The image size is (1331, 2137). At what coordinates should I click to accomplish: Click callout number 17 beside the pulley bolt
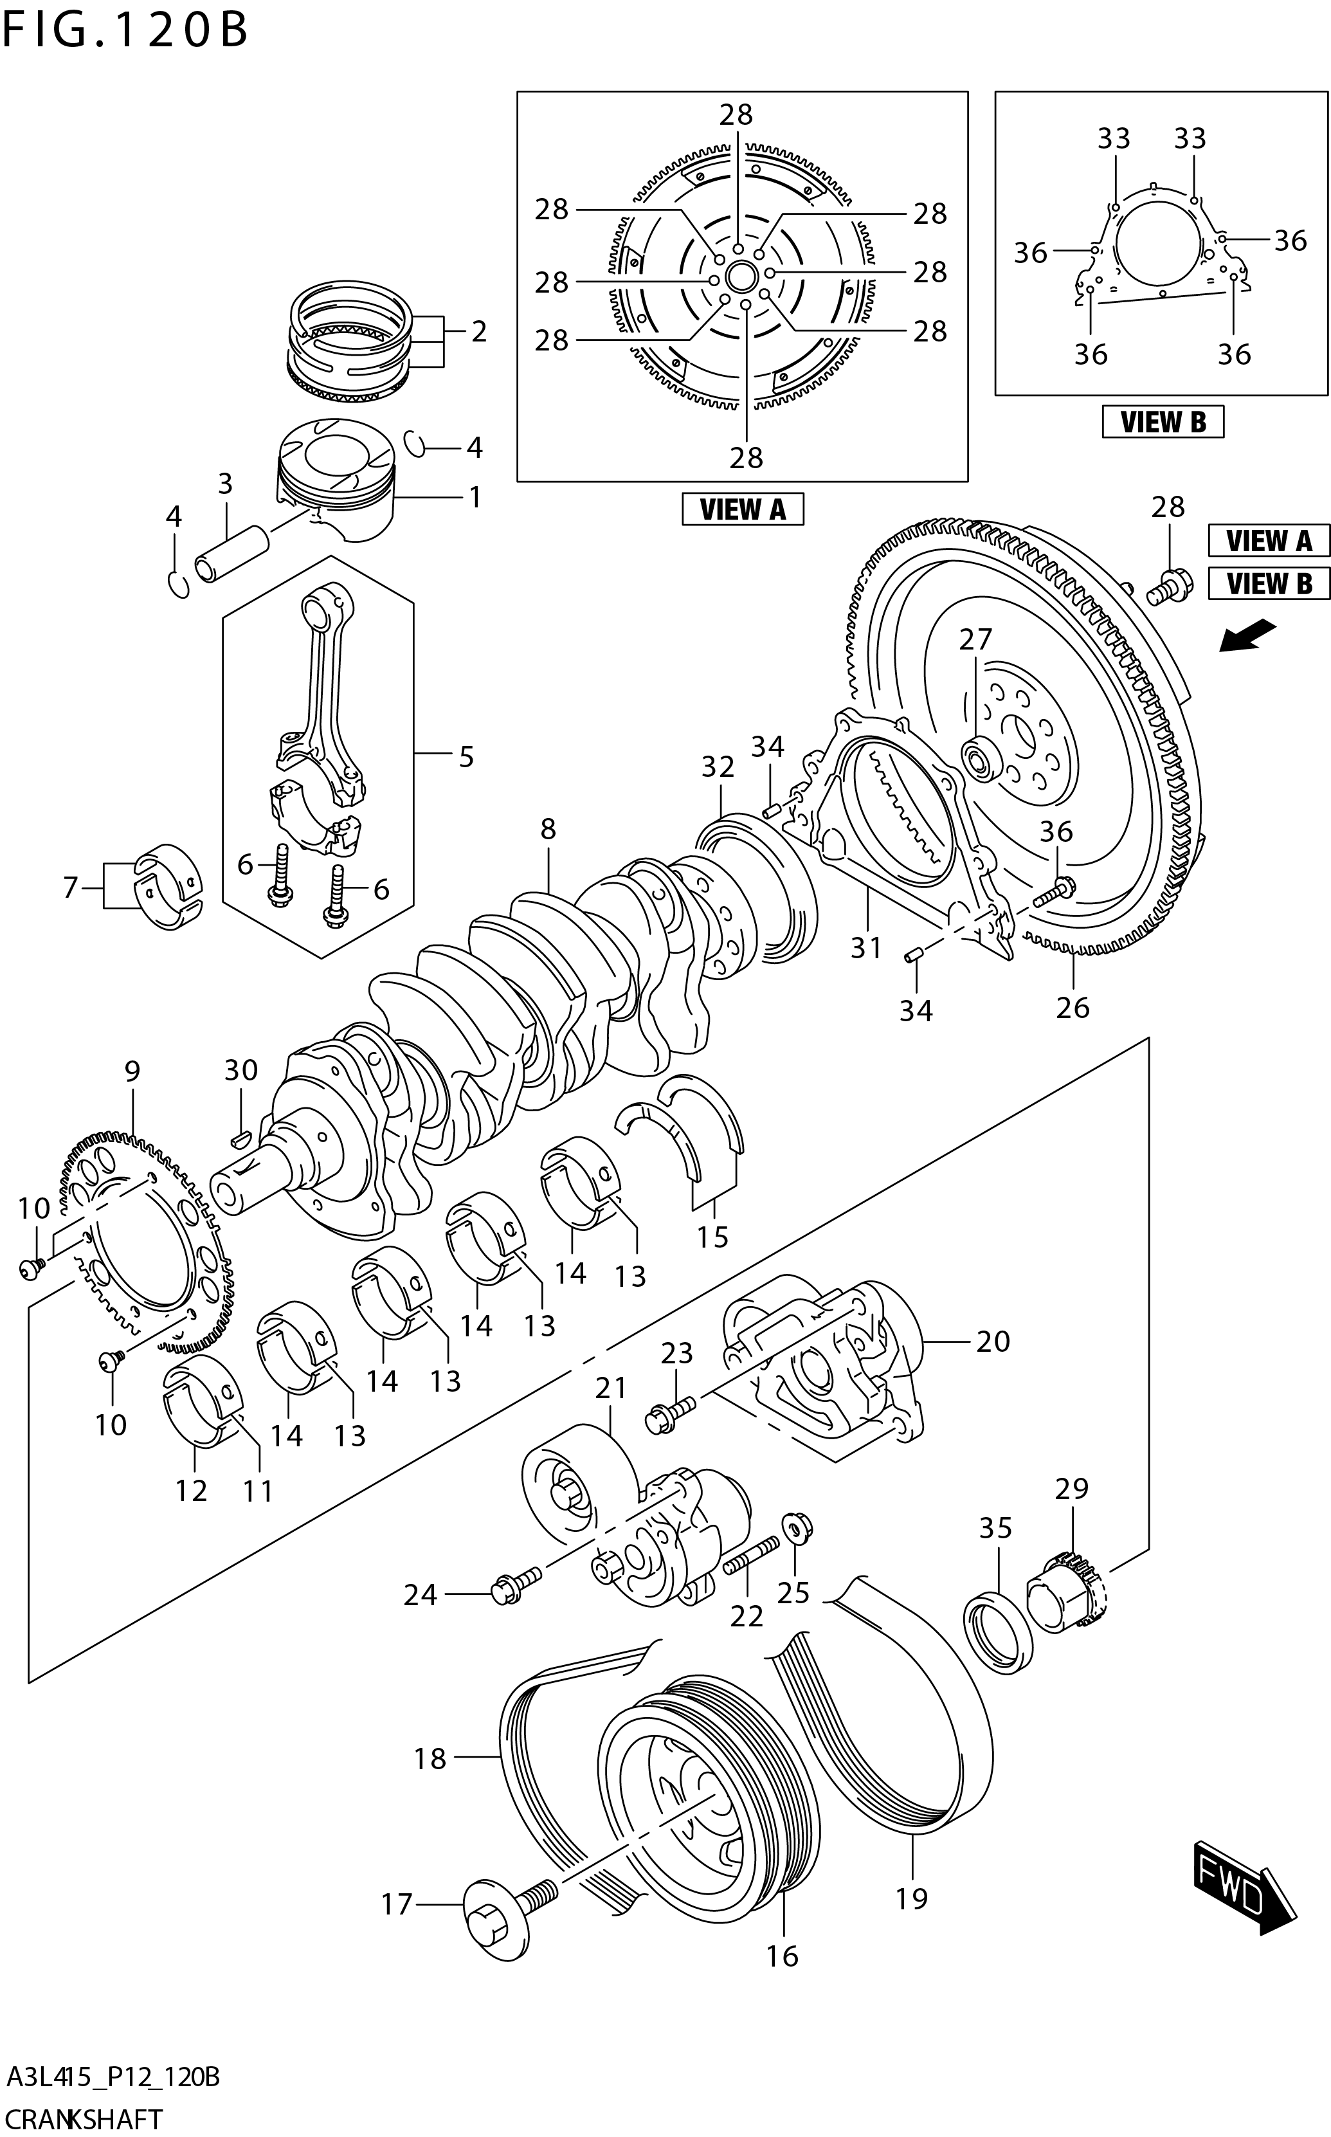pyautogui.click(x=396, y=1904)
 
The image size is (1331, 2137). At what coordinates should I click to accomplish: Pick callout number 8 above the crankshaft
pyautogui.click(x=548, y=828)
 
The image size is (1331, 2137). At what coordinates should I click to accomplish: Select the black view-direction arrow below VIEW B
pyautogui.click(x=1247, y=635)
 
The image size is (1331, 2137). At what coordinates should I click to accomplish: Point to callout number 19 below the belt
pyautogui.click(x=912, y=1898)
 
